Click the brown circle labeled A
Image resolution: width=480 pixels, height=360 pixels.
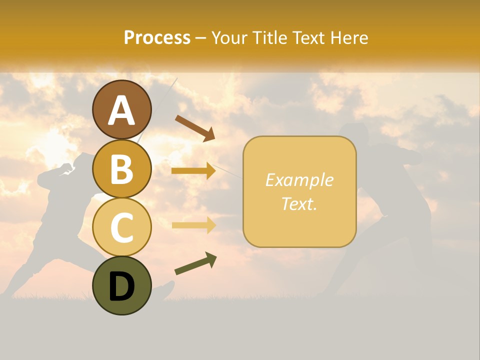[x=121, y=109]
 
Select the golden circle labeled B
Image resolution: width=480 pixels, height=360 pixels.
[x=121, y=168]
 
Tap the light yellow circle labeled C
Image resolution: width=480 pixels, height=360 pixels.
[x=121, y=227]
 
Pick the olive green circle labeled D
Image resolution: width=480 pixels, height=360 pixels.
[x=121, y=285]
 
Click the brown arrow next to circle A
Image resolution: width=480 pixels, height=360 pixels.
[x=195, y=127]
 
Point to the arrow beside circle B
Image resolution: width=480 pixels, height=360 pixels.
[x=193, y=171]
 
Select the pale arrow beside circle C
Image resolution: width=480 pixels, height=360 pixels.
[x=193, y=225]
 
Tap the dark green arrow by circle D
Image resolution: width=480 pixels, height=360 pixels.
[x=195, y=263]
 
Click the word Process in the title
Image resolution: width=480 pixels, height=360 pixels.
[x=157, y=38]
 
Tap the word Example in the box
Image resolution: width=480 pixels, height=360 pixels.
[x=299, y=180]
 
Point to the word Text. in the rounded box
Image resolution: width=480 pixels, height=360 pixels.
[x=299, y=204]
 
